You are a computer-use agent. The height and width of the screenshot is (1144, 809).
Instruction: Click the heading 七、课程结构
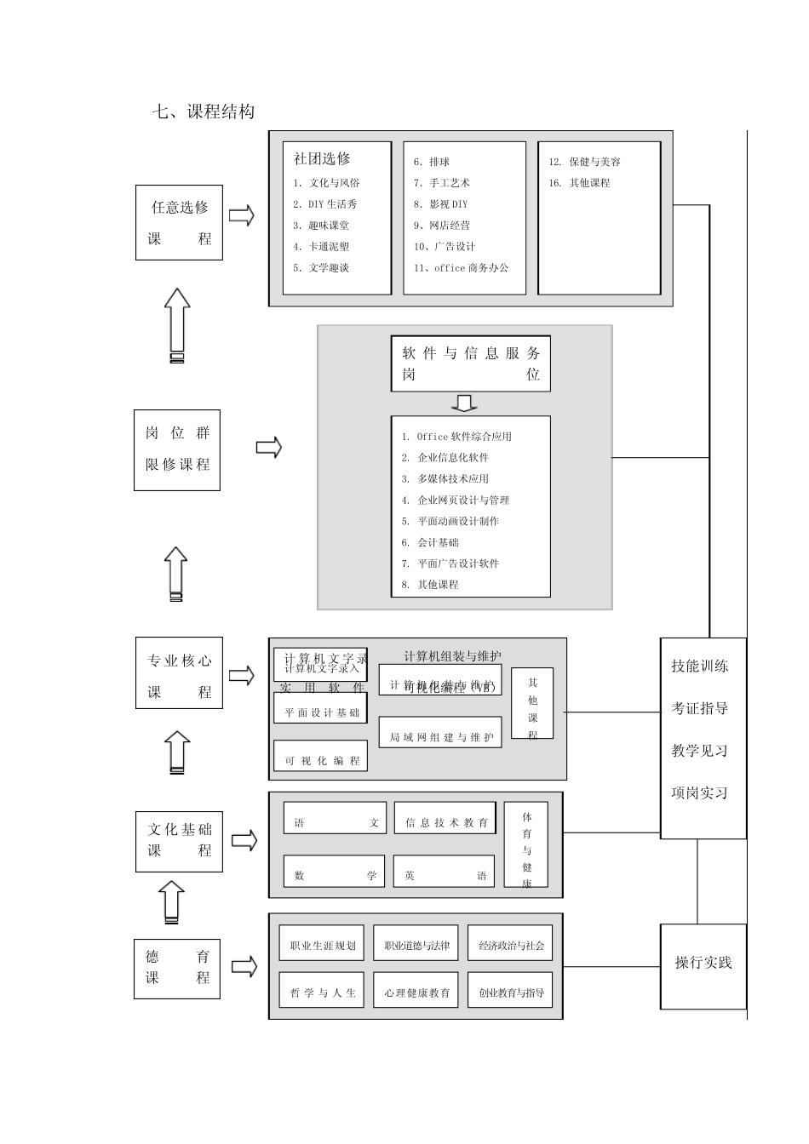pos(203,112)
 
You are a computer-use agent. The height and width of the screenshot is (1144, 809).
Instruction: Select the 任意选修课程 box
pos(179,223)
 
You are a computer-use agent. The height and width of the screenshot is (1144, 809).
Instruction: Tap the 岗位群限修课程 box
pos(177,449)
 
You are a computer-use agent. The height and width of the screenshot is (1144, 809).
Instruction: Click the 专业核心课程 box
pos(179,672)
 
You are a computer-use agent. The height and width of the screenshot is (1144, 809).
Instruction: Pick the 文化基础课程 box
pos(179,841)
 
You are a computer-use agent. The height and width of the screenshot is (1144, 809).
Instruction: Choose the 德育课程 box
pos(177,969)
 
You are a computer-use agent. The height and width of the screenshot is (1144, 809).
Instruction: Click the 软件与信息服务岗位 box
pos(470,364)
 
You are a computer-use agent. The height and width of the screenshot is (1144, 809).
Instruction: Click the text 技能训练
pos(700,666)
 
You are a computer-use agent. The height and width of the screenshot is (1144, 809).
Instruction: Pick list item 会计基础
pos(437,542)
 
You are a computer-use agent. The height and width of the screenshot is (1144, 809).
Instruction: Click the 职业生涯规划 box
pos(322,945)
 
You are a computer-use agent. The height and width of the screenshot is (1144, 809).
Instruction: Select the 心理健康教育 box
pos(416,992)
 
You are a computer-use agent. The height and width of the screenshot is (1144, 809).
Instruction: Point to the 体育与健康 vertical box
pos(526,845)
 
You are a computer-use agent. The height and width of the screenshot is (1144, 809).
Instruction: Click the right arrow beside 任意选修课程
pos(242,216)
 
